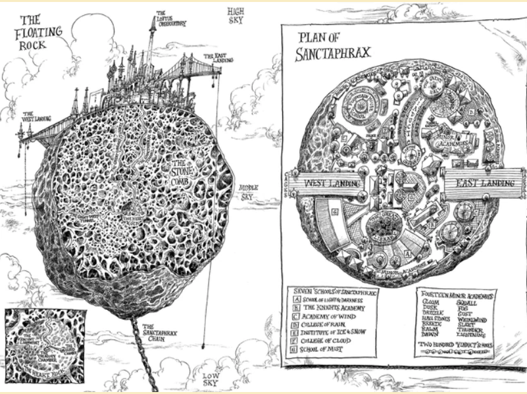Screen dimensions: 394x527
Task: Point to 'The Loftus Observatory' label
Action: pos(170,18)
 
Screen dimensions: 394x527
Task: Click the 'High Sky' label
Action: pos(235,16)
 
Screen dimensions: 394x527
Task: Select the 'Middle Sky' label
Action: pos(248,191)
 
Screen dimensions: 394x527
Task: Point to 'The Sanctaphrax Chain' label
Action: pos(157,333)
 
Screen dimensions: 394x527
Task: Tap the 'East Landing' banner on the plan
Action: pos(477,182)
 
